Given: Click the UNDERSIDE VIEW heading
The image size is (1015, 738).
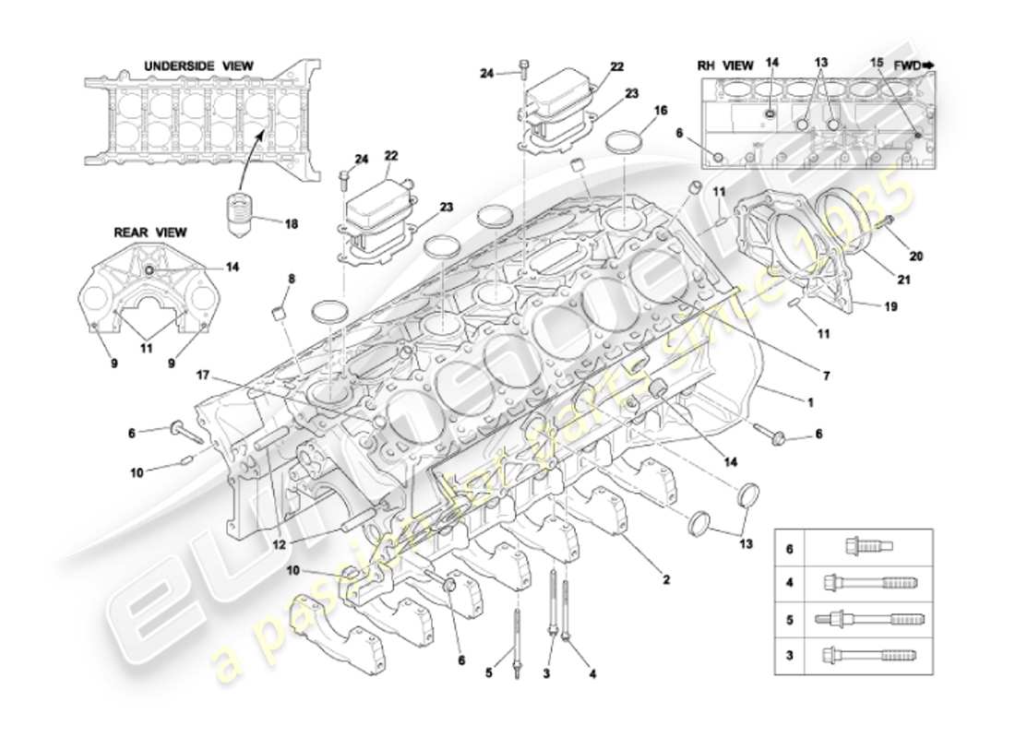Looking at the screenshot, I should [x=198, y=65].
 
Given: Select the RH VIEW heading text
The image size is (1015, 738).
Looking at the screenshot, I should [x=724, y=65].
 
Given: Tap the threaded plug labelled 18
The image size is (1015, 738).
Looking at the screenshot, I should [x=241, y=215].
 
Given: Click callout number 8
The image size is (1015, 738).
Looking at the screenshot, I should [x=291, y=278].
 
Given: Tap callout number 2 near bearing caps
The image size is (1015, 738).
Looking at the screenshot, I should [x=665, y=581].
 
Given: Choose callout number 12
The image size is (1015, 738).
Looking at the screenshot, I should [x=277, y=546].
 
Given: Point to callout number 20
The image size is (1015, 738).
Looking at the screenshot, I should [x=915, y=256].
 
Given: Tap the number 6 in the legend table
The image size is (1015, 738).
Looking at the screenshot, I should [x=789, y=548].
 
